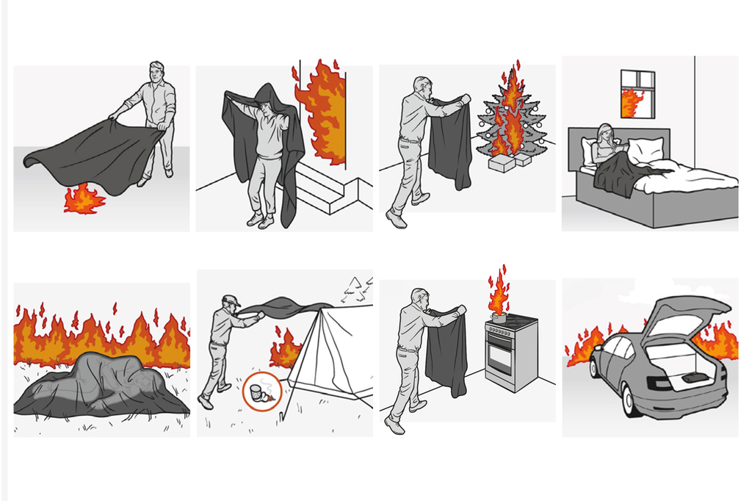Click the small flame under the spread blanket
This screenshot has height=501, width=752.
coord(84,199)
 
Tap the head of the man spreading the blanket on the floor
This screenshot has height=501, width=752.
coord(156,72)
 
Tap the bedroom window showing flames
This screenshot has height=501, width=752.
coord(636,93)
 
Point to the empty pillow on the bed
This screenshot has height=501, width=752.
coord(646,151)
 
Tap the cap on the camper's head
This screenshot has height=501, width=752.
coord(231,300)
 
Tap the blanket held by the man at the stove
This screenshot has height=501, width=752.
coord(446,353)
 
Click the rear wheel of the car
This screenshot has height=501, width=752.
coord(629,401)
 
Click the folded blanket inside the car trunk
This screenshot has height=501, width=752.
coord(695,378)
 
